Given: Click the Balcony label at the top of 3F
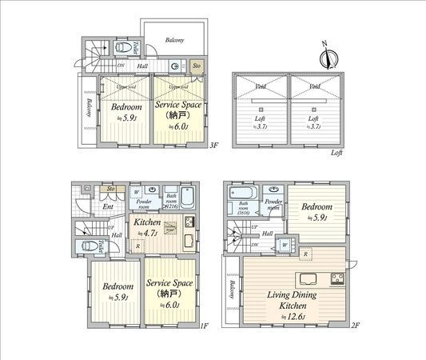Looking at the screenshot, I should tap(174, 39).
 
